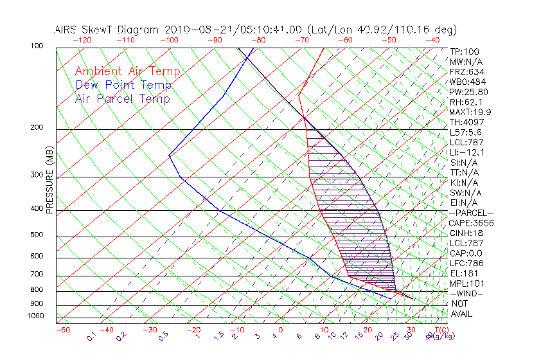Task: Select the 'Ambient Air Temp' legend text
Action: (x=127, y=71)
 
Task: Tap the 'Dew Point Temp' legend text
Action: (x=123, y=85)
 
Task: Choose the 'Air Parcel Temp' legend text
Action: (x=122, y=98)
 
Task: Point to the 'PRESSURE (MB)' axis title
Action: (x=49, y=179)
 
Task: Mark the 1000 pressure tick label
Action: (x=35, y=316)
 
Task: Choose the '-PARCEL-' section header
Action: (x=471, y=213)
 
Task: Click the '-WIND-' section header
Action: (x=466, y=293)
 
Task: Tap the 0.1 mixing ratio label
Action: (x=92, y=336)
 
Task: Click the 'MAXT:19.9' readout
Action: (x=470, y=112)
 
